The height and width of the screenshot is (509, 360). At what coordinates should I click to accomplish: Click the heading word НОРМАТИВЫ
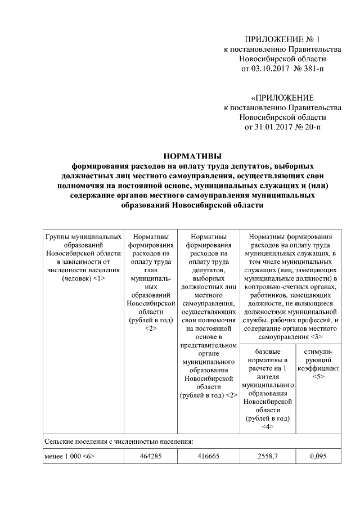(192, 156)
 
